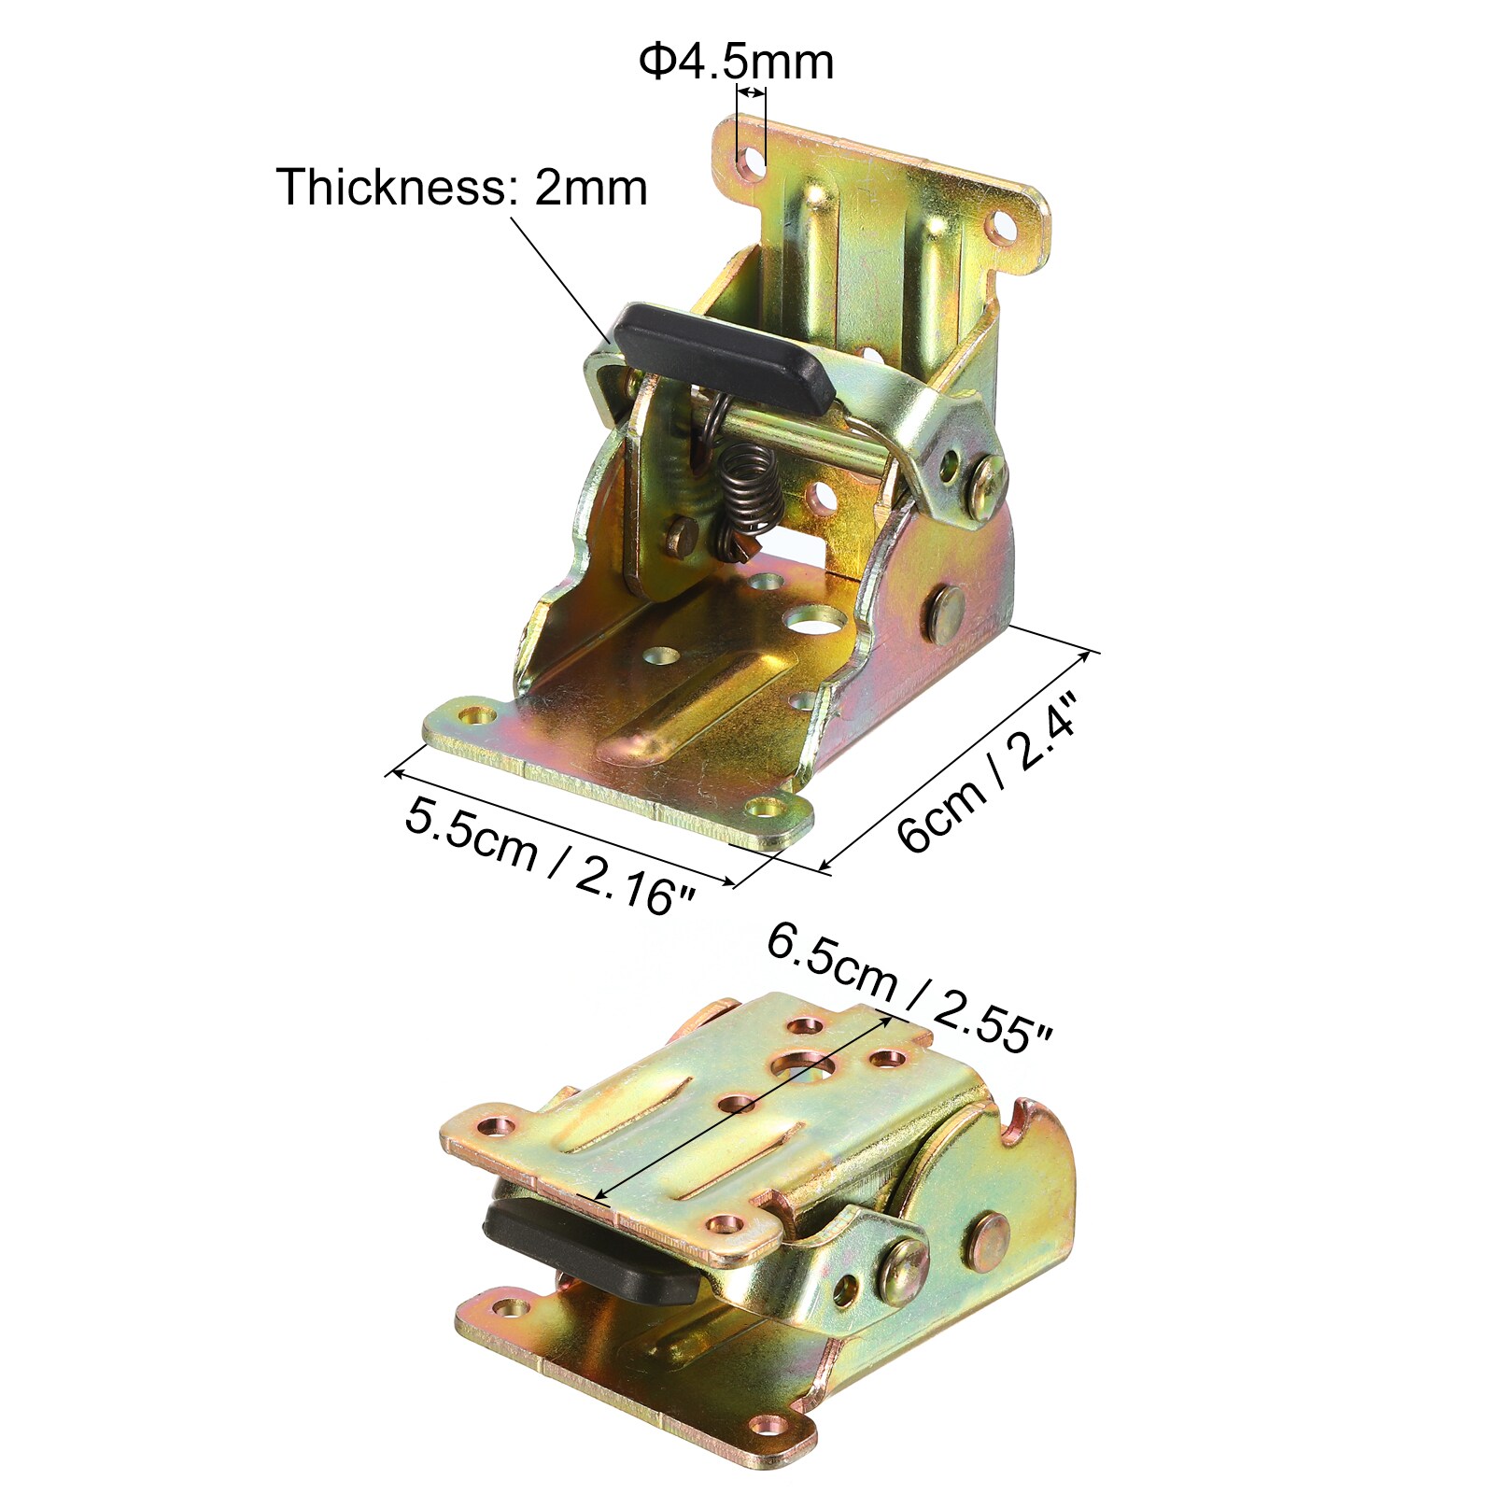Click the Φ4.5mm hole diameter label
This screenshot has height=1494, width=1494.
pyautogui.click(x=736, y=62)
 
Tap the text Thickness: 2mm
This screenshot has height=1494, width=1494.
pyautogui.click(x=461, y=187)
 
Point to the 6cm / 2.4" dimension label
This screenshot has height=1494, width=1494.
pyautogui.click(x=988, y=771)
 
